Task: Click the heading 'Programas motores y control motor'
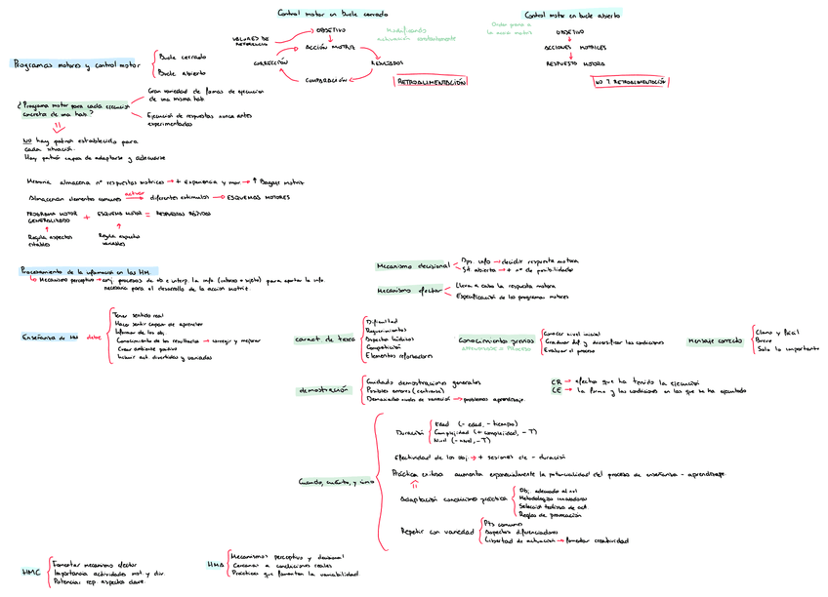(x=76, y=64)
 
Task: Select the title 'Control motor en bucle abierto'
(x=572, y=16)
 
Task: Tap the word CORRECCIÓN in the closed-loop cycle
(x=270, y=61)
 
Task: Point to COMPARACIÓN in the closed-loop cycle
(x=326, y=80)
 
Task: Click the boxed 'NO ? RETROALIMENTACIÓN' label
(x=630, y=82)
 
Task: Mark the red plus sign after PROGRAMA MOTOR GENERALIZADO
(x=87, y=217)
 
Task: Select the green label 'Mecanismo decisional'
(x=412, y=266)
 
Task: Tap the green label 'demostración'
(x=322, y=390)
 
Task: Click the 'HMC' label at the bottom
(x=30, y=572)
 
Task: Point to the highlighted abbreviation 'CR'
(x=556, y=382)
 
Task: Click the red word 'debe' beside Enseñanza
(x=94, y=338)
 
